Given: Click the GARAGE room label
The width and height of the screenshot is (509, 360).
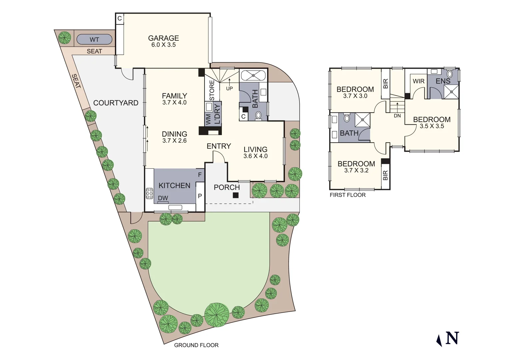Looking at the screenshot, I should (x=163, y=38).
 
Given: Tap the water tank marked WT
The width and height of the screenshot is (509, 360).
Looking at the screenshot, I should (x=94, y=39).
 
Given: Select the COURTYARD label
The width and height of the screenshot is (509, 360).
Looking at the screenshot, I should (x=116, y=103).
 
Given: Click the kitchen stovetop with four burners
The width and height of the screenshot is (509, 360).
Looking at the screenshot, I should (x=149, y=193).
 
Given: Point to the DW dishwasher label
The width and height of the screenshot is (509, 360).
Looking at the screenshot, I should (x=163, y=198).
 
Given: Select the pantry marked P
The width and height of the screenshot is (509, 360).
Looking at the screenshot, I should (x=200, y=196).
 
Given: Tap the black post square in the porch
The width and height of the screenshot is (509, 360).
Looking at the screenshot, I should (x=236, y=195).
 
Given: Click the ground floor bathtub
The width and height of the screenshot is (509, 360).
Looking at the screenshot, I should (x=253, y=76).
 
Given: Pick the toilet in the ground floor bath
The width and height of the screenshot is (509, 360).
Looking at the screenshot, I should (x=258, y=115).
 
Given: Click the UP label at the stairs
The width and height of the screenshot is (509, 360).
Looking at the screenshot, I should (x=230, y=89).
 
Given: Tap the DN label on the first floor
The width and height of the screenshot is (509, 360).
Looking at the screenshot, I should (x=397, y=116).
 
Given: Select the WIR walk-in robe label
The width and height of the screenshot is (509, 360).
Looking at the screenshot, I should (x=418, y=81).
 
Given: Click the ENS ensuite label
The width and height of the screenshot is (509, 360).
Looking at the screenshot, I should (x=443, y=81).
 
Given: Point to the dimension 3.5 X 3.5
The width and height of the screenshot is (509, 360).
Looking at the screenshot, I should (x=432, y=126).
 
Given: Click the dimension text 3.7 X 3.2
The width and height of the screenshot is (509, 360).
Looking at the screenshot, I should (x=356, y=171).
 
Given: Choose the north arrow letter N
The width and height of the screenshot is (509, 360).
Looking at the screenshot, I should (x=452, y=338).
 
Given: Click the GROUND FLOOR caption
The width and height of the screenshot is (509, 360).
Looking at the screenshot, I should (x=196, y=345).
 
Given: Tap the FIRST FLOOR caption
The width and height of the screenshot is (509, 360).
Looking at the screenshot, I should (x=347, y=195).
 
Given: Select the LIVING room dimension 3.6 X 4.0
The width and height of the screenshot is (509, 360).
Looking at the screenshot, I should (x=255, y=156).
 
